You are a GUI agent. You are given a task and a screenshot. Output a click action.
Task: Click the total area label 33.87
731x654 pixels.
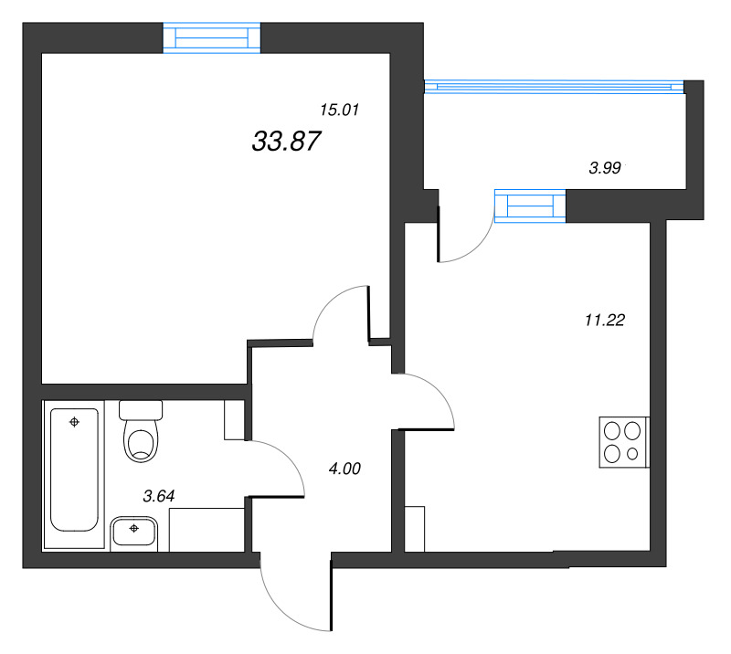(286, 142)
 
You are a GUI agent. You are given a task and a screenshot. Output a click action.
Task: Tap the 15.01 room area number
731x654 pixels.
(339, 110)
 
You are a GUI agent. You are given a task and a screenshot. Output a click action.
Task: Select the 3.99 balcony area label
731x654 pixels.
(605, 168)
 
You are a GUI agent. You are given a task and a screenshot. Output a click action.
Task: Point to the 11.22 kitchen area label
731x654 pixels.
(605, 321)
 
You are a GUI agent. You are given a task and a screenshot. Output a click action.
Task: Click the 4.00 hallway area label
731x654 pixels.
(344, 469)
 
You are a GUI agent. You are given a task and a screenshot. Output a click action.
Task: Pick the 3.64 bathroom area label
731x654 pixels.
(158, 496)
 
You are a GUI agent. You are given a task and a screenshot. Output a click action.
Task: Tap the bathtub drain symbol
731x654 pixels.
(74, 422)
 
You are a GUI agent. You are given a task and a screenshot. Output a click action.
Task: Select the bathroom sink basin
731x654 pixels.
(133, 531)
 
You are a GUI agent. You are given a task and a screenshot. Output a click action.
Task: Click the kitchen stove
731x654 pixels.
(624, 442)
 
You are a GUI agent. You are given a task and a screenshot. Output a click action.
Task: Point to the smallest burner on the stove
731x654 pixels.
(632, 453)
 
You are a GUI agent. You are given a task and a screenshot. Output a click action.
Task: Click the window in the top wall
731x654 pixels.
(212, 37)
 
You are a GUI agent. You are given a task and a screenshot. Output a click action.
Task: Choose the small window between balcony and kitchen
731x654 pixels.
(530, 206)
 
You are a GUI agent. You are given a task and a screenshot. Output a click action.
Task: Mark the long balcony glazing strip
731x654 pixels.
(554, 87)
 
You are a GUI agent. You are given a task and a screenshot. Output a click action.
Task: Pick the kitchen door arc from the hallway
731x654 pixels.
(439, 391)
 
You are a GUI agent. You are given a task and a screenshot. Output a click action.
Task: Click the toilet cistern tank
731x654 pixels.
(141, 410)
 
